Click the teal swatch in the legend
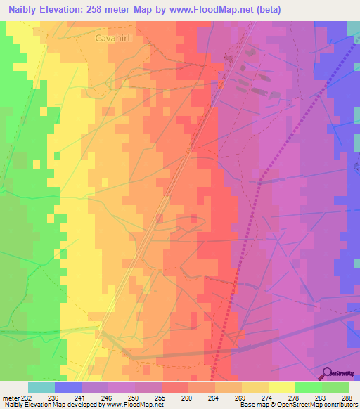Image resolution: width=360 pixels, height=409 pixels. (41, 387)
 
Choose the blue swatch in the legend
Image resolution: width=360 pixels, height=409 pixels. (68, 387)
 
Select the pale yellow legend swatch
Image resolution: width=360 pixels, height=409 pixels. (281, 387)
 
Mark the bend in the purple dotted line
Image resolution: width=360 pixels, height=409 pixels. (259, 182)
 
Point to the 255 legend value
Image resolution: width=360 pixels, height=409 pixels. (148, 397)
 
